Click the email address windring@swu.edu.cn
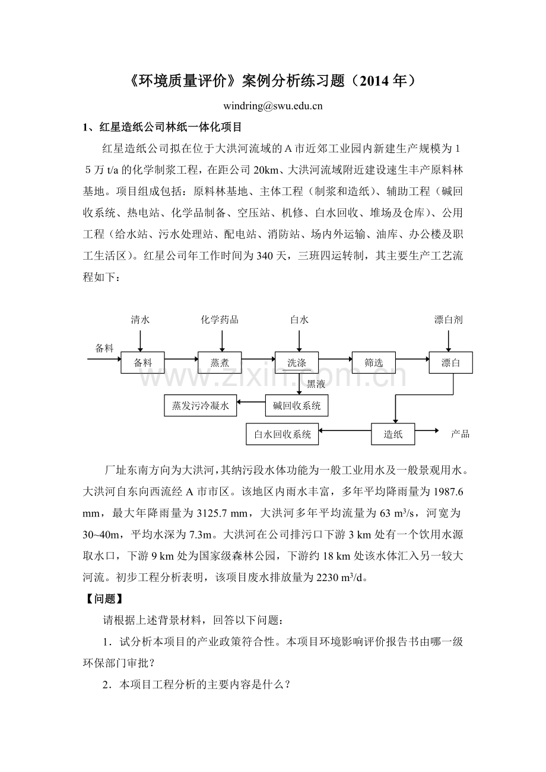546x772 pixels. [x=272, y=107]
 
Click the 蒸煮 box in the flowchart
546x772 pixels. [x=220, y=363]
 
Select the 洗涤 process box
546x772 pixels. [x=296, y=363]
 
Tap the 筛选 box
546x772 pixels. [x=373, y=363]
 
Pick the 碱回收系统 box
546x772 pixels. [x=296, y=406]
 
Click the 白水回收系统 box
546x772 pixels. [x=282, y=434]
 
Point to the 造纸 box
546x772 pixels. [x=393, y=434]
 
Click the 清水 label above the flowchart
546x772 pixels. [x=140, y=320]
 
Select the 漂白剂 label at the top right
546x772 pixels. [x=448, y=320]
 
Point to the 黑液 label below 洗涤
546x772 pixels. [x=316, y=384]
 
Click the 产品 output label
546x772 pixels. [x=460, y=434]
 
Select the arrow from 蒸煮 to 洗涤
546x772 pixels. [x=258, y=359]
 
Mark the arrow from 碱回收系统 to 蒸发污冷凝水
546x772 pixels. [x=251, y=403]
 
